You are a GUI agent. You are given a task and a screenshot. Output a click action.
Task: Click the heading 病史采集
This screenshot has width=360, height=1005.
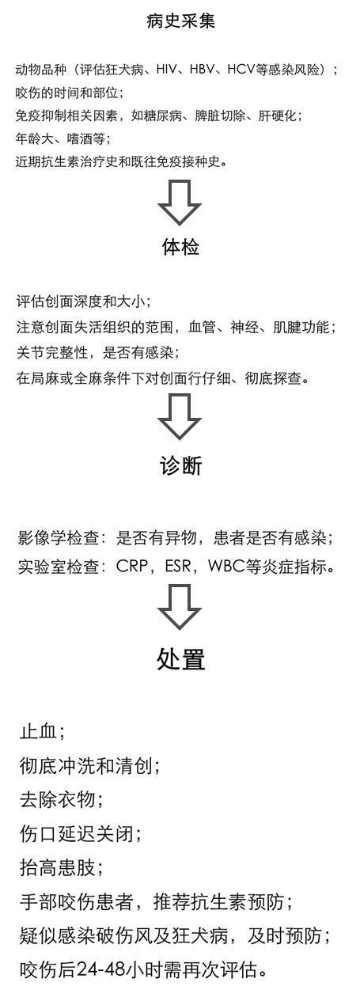coord(180,21)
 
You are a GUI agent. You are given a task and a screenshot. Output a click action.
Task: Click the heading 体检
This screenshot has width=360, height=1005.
coord(180,247)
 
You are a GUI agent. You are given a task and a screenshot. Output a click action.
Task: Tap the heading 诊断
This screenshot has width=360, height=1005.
coord(180,466)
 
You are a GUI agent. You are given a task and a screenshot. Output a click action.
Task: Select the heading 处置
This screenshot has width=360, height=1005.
coord(180,659)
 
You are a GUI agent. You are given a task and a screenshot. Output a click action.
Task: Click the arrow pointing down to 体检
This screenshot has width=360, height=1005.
coord(180,203)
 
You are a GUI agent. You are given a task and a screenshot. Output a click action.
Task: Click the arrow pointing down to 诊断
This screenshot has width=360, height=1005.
coord(180,416)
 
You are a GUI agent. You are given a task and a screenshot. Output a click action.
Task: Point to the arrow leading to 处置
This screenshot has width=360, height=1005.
coord(180,607)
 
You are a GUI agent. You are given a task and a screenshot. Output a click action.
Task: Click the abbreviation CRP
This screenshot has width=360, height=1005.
coord(132,566)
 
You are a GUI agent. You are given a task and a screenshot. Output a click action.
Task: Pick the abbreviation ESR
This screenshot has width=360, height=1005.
coord(178,566)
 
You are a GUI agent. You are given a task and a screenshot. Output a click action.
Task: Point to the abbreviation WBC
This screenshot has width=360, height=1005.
coord(227,566)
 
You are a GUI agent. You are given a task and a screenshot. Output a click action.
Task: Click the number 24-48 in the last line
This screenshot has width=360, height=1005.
coord(100,969)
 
